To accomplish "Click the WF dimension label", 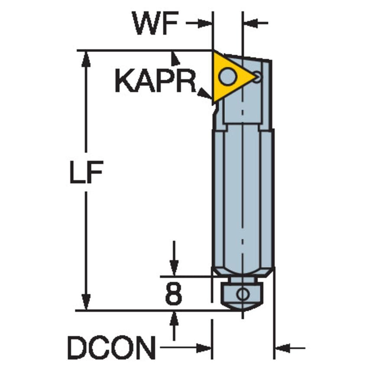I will click(x=156, y=24).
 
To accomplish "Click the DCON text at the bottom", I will click(x=111, y=347).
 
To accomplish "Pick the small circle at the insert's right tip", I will click(x=257, y=77).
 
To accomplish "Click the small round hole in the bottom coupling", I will click(x=242, y=295).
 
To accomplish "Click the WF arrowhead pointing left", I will click(x=250, y=23).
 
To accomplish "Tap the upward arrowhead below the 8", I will click(x=174, y=318).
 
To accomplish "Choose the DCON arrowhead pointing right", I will click(x=204, y=347).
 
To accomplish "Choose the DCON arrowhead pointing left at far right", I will click(x=282, y=347).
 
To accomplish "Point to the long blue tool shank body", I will click(x=243, y=195).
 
